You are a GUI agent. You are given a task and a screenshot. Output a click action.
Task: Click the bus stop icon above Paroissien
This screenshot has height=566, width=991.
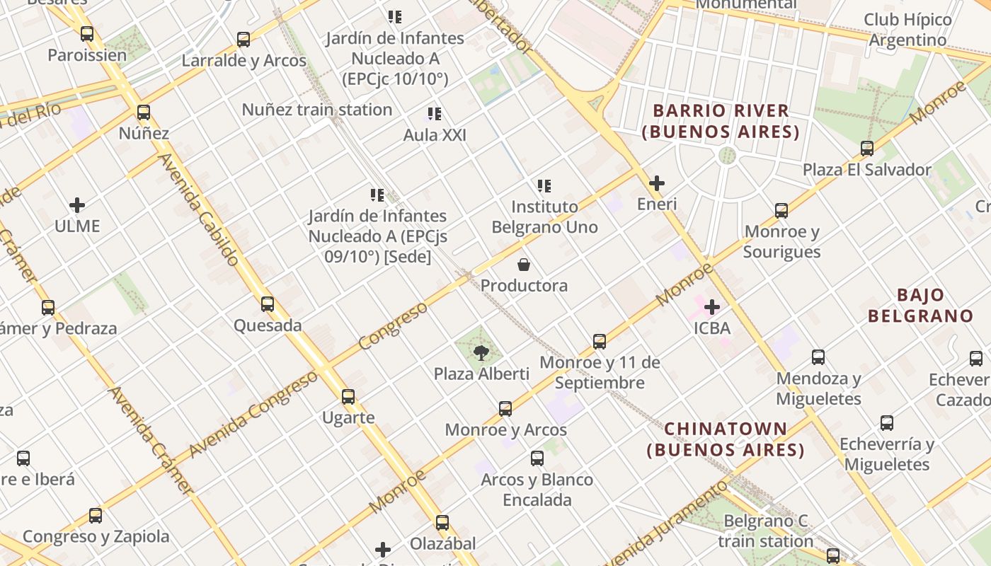pos(87,33)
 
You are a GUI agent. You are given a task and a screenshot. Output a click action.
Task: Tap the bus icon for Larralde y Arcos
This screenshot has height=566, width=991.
pos(244,39)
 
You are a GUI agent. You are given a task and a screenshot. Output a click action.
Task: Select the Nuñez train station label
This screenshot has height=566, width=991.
pos(316,110)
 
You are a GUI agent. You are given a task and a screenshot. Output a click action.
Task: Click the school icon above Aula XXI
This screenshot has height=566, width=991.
pos(435,113)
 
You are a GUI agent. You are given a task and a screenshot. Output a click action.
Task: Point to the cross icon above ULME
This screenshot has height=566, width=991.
pos(77,205)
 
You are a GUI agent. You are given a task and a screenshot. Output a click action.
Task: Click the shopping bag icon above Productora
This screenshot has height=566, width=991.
pos(524,265)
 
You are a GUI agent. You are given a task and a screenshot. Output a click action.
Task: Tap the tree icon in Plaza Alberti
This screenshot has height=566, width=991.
pos(481,352)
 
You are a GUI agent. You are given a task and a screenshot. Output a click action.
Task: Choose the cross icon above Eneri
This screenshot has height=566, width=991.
pos(657,183)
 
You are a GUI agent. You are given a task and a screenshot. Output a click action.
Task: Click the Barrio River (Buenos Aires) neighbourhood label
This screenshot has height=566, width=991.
pos(721,121)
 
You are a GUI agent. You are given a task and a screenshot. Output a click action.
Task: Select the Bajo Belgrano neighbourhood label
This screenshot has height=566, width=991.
pos(920,305)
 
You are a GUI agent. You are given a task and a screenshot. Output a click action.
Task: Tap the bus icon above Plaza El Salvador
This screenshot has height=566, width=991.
pos(867,149)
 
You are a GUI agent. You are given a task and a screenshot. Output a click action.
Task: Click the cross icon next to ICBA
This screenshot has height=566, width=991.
pos(712,307)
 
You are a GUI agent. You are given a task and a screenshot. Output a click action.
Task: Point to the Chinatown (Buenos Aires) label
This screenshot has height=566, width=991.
pos(726,439)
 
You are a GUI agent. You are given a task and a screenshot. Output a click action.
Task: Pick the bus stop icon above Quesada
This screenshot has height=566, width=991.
pos(268,304)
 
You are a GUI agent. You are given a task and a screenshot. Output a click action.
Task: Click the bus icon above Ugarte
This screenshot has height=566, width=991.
pos(348,396)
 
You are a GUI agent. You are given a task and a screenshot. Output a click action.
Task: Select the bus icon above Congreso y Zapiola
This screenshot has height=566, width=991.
pos(96,516)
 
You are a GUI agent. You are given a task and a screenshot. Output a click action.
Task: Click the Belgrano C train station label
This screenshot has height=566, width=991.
pos(765,531)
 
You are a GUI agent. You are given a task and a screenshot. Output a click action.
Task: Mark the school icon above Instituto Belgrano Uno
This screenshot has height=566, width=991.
pos(544,186)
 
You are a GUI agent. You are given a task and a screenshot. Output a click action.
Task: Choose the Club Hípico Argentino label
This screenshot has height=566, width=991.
pos(907,30)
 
